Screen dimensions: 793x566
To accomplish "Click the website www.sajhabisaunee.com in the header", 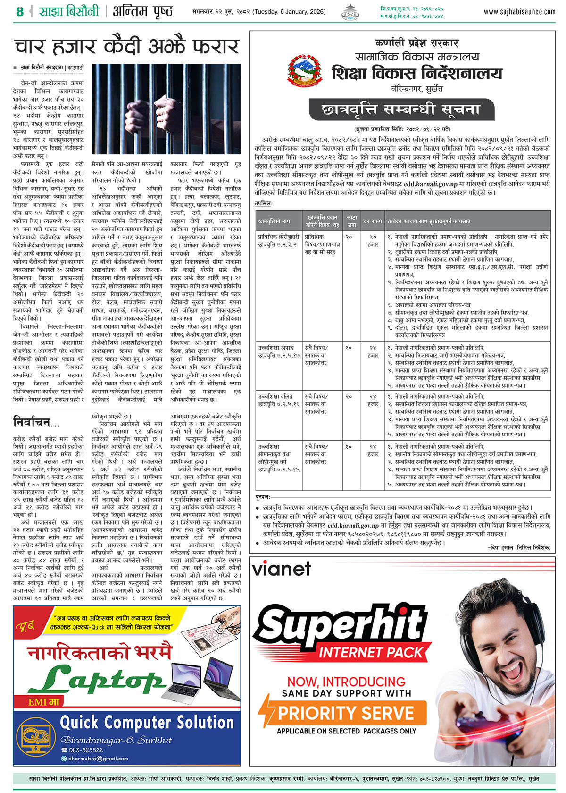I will (x=519, y=12).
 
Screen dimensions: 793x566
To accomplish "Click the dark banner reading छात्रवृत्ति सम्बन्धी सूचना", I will (x=401, y=110).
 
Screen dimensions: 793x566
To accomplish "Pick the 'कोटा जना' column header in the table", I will (x=351, y=221).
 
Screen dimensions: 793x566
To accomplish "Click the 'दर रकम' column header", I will (x=373, y=221).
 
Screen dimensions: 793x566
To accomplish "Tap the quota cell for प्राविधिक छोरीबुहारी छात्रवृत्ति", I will (x=349, y=237).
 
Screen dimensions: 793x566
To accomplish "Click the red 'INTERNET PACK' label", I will (x=371, y=653).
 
